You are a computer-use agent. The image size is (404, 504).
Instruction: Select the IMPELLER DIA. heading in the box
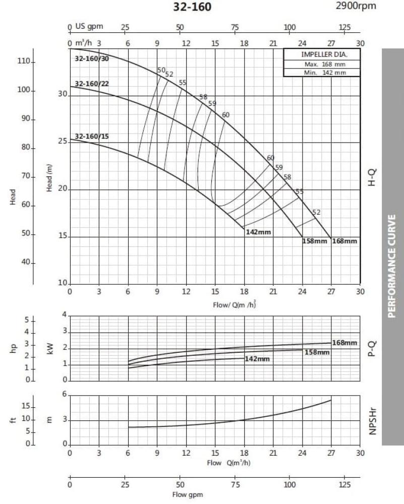coord(322,54)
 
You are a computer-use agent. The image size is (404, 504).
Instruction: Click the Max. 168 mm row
coord(322,64)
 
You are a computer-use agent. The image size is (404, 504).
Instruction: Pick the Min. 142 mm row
coord(322,72)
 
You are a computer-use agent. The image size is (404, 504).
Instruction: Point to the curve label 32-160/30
coord(91,59)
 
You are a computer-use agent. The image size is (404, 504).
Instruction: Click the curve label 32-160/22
coord(91,84)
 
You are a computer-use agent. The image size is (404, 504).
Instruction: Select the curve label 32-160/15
coord(91,136)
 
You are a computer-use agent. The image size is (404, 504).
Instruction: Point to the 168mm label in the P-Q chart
coord(344,343)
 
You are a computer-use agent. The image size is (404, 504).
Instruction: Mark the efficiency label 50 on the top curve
coord(161,70)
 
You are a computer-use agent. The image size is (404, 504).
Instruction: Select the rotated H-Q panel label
coord(372,177)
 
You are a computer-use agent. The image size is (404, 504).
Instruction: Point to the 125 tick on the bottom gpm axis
coord(344,485)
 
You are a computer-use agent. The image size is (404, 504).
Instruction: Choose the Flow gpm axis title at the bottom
coord(188,494)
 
